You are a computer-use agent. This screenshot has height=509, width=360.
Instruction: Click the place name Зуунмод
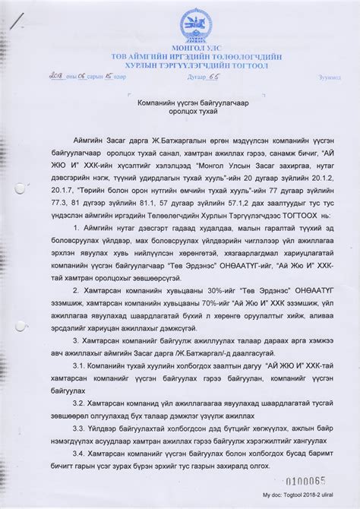(x=330, y=77)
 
